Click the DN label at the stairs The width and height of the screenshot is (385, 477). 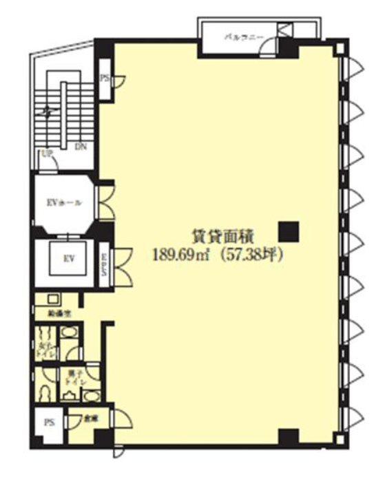coord(80,147)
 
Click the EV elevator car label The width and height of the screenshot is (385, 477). coord(69,259)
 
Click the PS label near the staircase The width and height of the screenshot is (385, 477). coord(105,78)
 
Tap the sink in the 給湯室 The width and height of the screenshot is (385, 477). coord(53,299)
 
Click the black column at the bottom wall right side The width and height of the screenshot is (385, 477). coord(289,436)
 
